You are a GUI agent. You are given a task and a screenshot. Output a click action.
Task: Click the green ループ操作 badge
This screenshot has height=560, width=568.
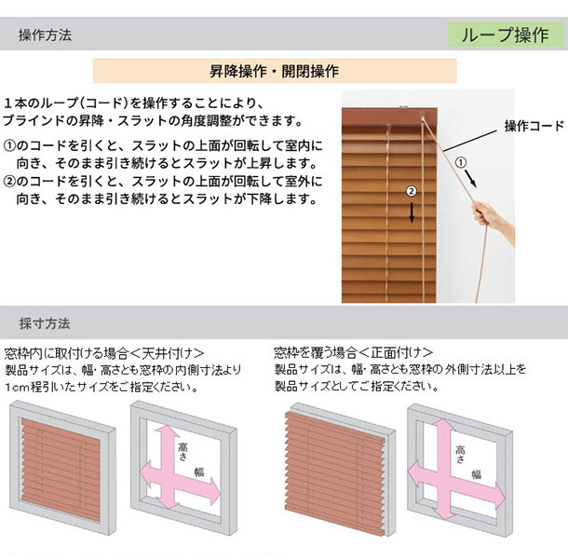pyautogui.click(x=506, y=34)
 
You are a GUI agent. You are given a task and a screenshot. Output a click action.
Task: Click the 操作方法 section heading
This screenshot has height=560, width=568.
pyautogui.click(x=45, y=35)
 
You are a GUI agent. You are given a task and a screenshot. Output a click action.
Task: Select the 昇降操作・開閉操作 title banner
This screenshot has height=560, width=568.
pyautogui.click(x=275, y=71)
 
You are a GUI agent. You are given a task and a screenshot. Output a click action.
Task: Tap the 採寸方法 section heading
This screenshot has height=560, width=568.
pyautogui.click(x=44, y=323)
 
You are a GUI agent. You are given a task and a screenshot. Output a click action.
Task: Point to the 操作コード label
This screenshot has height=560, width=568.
pyautogui.click(x=534, y=126)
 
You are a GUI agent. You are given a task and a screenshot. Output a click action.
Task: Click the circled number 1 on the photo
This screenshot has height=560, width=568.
pyautogui.click(x=460, y=162)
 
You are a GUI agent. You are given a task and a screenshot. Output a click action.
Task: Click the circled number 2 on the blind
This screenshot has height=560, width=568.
pyautogui.click(x=412, y=191)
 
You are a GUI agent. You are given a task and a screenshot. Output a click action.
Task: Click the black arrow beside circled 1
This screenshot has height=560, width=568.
pyautogui.click(x=470, y=178)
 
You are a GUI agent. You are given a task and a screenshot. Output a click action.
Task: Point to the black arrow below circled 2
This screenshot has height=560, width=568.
pyautogui.click(x=412, y=212)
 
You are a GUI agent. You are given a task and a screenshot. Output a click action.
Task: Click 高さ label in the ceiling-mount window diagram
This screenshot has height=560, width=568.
pyautogui.click(x=183, y=451)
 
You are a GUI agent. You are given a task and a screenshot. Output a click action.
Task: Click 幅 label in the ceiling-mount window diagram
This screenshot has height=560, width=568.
pyautogui.click(x=199, y=471)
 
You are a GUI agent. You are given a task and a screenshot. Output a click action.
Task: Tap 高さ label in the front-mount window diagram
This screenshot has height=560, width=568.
pyautogui.click(x=460, y=455)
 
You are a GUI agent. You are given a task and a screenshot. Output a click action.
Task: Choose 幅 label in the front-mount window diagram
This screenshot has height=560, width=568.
pyautogui.click(x=477, y=474)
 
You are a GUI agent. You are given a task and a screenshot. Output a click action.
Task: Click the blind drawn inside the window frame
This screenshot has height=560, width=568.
pyautogui.click(x=61, y=470)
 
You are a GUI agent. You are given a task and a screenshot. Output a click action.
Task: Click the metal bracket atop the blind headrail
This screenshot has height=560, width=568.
pyautogui.click(x=403, y=106)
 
